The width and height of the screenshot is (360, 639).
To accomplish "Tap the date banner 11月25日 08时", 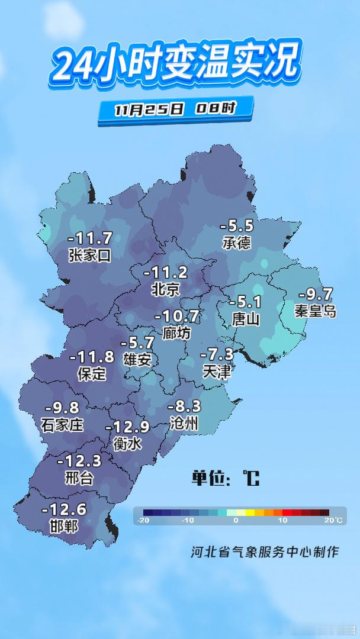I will click(x=175, y=109).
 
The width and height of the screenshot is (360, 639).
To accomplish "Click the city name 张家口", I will click(x=90, y=256).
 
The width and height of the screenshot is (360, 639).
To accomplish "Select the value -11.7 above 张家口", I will click(x=90, y=238).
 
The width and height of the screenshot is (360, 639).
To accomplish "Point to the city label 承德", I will click(x=237, y=243).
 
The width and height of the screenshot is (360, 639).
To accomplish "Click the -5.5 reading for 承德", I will click(x=237, y=225).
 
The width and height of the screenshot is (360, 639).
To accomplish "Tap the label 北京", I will click(x=166, y=290).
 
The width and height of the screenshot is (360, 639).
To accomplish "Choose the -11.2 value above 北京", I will click(x=166, y=273).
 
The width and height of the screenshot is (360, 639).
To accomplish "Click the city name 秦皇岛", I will click(x=316, y=311).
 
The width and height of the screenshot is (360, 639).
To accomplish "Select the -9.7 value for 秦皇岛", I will click(x=316, y=294).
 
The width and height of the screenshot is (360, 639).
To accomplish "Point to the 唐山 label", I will click(x=246, y=319).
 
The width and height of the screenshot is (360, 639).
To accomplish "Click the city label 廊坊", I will click(x=176, y=333).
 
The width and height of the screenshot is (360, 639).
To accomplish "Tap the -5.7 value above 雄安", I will click(x=137, y=343).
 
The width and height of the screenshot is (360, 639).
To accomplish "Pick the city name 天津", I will click(x=217, y=372).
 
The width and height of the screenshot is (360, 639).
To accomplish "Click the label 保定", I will click(x=92, y=374).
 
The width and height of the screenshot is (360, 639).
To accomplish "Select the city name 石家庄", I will click(x=62, y=424).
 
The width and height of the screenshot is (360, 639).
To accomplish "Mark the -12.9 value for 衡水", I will click(x=127, y=427).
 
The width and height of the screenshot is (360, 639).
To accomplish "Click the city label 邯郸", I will click(x=64, y=525).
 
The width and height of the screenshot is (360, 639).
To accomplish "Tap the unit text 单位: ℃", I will click(x=226, y=478).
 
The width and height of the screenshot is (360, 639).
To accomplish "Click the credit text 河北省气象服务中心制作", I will click(x=265, y=552).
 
